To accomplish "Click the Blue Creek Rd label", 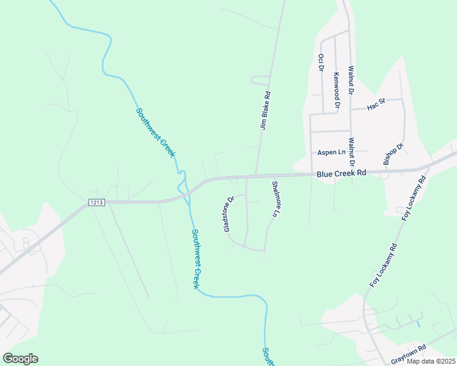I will (341, 174).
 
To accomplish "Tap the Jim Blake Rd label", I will (265, 110).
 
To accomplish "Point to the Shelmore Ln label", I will (276, 199).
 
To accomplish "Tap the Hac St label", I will (376, 105).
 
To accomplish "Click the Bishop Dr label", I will (393, 154).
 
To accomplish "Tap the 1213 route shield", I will (97, 203).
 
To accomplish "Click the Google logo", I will (20, 359).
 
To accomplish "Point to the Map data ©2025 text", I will (430, 361).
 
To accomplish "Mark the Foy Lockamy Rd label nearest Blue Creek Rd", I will (414, 199).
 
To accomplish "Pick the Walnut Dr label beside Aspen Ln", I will (351, 152).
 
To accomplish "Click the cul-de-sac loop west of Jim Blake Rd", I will (259, 80).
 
